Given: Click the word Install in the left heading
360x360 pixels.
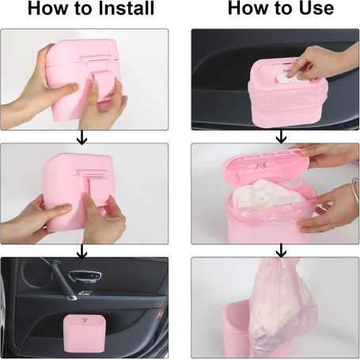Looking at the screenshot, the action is (126, 8).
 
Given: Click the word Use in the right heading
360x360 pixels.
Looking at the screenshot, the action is (316, 8).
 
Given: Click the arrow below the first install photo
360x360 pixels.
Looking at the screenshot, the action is (82, 137).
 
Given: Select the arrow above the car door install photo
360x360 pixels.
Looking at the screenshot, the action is (82, 251).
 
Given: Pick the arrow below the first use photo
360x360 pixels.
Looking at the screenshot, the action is (281, 137).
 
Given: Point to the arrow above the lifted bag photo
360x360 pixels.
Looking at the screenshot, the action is (281, 251).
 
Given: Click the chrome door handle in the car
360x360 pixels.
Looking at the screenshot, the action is (85, 276).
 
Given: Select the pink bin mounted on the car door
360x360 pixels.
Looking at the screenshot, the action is (82, 333).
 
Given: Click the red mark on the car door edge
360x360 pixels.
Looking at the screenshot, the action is (160, 314).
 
